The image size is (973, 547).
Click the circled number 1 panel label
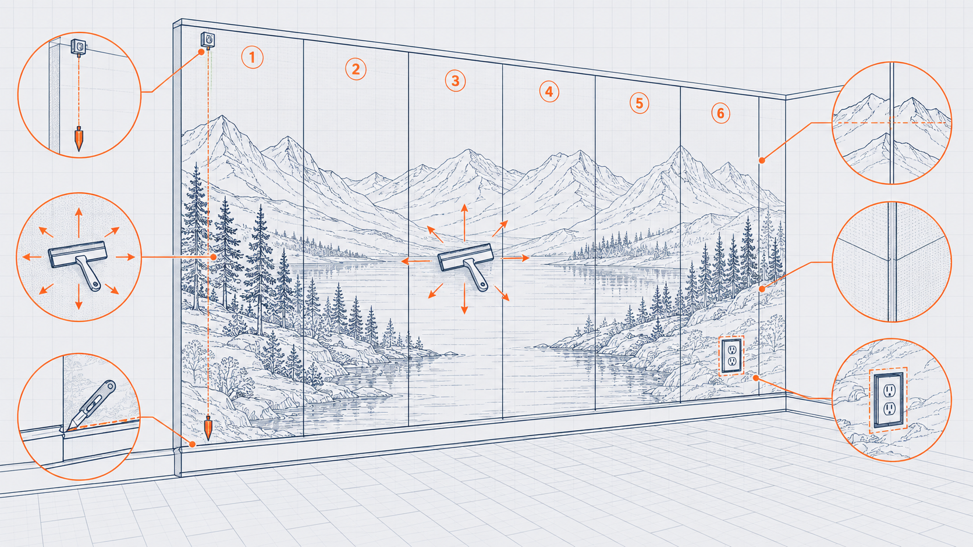tap(253, 58)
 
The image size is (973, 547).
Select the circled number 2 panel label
tap(356, 69)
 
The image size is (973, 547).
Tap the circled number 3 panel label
tap(455, 81)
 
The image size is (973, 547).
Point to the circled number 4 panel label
tap(549, 92)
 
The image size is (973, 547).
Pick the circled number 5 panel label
tap(639, 103)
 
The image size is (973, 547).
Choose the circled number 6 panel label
tap(720, 114)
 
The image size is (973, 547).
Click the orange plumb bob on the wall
tap(208, 428)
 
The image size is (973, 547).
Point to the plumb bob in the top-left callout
tap(79, 138)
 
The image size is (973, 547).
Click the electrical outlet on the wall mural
tap(731, 355)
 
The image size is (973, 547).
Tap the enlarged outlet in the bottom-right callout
tap(888, 400)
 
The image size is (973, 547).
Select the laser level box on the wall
tap(208, 40)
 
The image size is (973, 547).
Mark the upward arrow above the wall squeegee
tap(464, 223)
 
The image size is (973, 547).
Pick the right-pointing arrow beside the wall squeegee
tap(515, 258)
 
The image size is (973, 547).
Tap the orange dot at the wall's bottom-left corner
tap(193, 444)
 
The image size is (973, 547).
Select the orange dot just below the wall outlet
tap(756, 378)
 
